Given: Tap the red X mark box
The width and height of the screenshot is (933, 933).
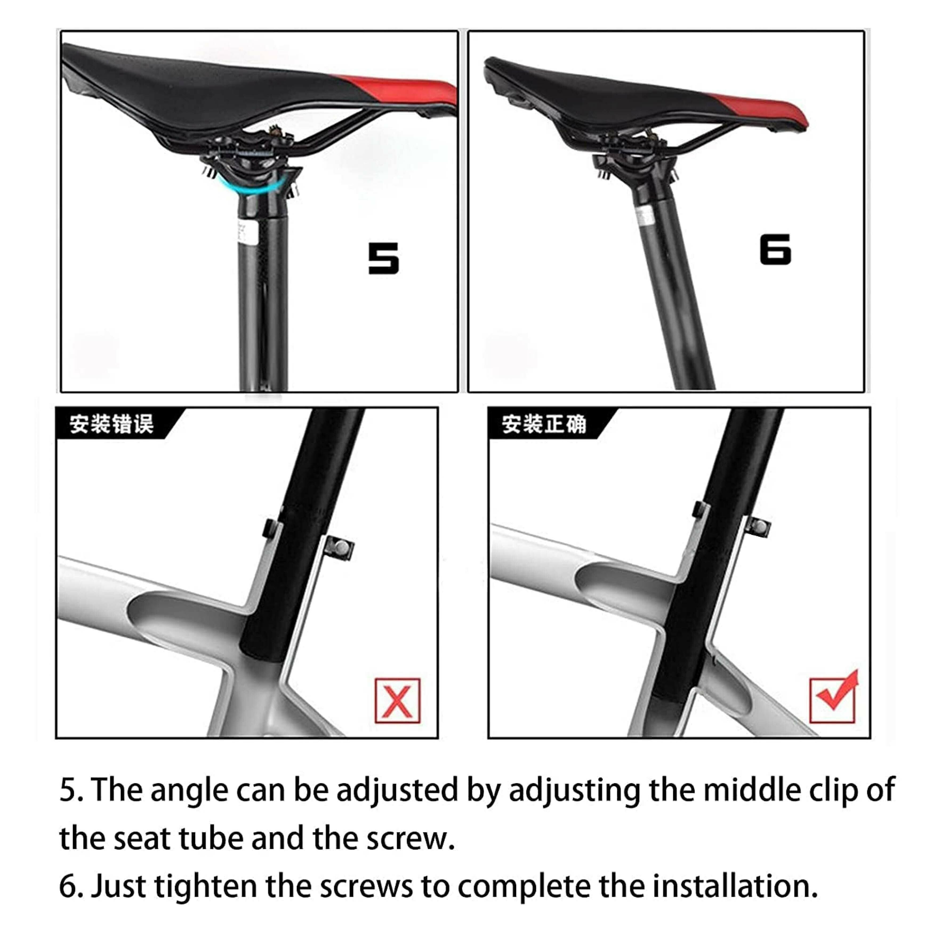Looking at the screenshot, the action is tap(397, 701).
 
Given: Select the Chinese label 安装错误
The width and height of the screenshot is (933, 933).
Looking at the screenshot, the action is tap(111, 424).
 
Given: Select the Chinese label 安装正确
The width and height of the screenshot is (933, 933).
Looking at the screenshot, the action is tap(544, 424).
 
